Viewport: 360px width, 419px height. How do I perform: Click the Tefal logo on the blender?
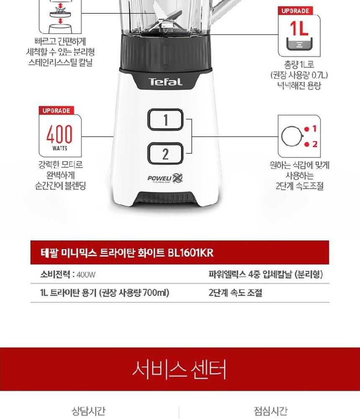coord(166,82)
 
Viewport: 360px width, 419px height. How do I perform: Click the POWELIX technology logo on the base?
coord(165,178)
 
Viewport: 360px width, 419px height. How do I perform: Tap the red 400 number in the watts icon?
coord(59,134)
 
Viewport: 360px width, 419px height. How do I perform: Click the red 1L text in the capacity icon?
coord(299,28)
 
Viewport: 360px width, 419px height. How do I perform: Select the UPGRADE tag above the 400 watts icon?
coord(57,111)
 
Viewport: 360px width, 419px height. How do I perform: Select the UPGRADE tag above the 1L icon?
coord(295,11)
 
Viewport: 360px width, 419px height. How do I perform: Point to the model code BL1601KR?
coord(191,253)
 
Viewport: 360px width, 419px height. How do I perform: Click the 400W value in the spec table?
coord(86,274)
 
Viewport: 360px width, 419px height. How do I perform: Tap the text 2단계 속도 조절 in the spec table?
coord(235,292)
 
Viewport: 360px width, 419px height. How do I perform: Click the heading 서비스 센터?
coord(180,369)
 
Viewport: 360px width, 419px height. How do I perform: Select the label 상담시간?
coord(88,411)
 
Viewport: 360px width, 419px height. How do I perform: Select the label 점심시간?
coord(270,411)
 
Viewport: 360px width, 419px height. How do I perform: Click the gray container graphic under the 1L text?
coord(299,44)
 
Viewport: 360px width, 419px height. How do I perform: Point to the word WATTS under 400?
coord(60,148)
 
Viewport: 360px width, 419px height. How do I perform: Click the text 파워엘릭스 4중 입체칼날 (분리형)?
coord(266,274)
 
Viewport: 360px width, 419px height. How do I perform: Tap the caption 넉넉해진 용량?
coord(299,86)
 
